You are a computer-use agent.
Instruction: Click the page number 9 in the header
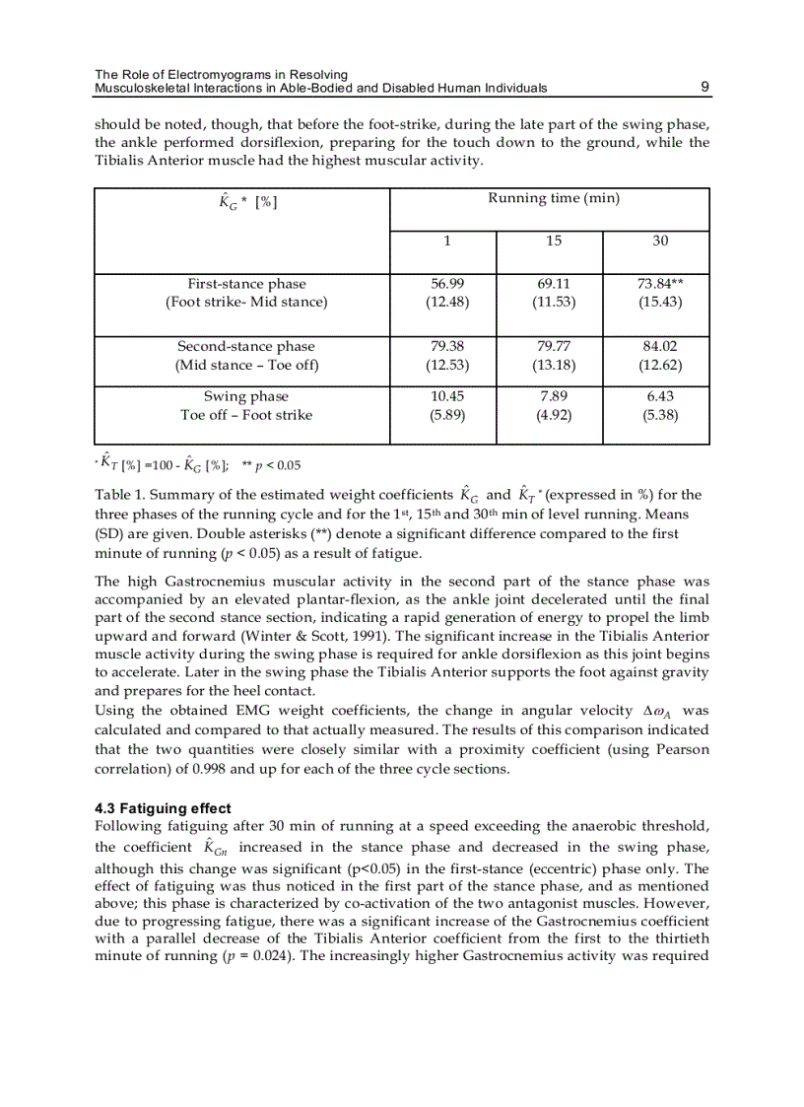[x=704, y=88]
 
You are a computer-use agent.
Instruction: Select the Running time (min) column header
[x=554, y=198]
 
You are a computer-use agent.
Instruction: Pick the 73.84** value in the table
[x=660, y=283]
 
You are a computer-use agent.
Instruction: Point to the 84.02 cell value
[x=660, y=346]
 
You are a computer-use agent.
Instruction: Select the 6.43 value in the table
[x=660, y=396]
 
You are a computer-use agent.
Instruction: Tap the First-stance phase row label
[x=246, y=283]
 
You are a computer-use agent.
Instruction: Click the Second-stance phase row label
[x=246, y=346]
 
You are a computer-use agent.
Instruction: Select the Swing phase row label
[x=246, y=396]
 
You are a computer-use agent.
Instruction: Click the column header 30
[x=660, y=241]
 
